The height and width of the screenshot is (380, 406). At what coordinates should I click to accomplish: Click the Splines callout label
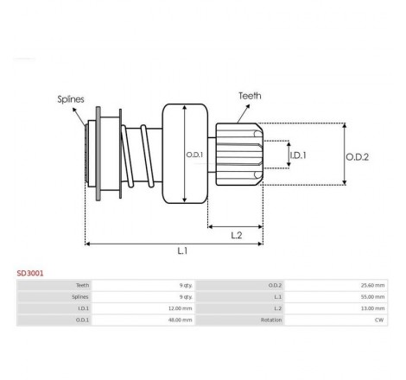click(71, 99)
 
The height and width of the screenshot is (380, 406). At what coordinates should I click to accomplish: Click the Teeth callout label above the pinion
click(250, 96)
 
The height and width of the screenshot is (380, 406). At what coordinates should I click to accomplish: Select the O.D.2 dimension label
click(357, 157)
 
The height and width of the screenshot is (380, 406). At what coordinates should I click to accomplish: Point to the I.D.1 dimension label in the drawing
click(298, 155)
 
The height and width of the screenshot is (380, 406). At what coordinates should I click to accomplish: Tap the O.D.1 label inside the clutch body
click(194, 155)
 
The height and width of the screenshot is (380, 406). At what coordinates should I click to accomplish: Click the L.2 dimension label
click(237, 236)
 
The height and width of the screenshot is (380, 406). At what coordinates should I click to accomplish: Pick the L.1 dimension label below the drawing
click(182, 250)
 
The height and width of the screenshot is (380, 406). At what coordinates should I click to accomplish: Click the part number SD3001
click(30, 273)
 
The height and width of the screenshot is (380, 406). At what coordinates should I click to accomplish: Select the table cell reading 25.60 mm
click(372, 285)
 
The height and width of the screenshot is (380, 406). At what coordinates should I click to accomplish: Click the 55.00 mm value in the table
click(372, 297)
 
